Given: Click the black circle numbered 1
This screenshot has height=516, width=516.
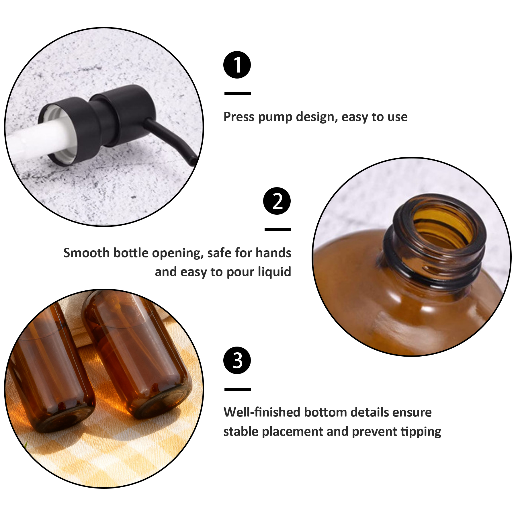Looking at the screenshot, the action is click(237, 65).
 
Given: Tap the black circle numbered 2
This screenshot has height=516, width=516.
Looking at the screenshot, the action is click(277, 201).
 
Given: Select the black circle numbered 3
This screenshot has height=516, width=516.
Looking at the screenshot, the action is click(237, 360).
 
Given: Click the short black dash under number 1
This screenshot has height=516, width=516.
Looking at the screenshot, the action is click(238, 94).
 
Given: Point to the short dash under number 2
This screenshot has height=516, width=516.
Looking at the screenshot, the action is click(278, 229).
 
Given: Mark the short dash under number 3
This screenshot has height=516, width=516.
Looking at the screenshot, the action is click(238, 389).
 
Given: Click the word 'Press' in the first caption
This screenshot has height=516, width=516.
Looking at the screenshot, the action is click(239, 117).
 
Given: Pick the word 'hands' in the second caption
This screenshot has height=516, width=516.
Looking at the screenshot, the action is click(273, 253).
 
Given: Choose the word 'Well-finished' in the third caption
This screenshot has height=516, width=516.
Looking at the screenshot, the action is click(262, 412).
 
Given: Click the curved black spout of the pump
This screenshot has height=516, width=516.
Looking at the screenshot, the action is click(172, 140).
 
